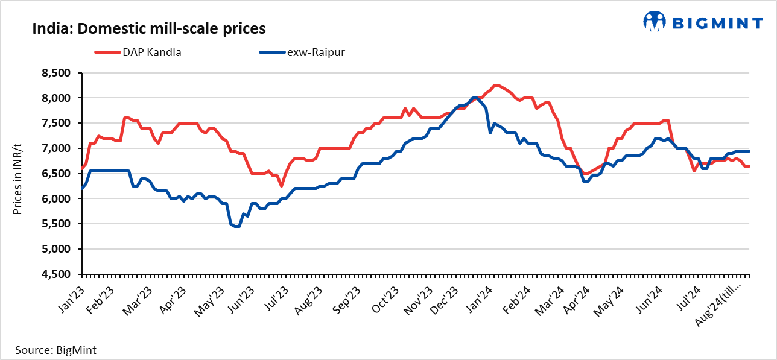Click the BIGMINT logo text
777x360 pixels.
[717, 23]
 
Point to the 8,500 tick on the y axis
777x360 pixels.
[55, 73]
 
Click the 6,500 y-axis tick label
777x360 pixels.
[55, 174]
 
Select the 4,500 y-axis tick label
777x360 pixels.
[55, 274]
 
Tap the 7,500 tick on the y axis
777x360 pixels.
[55, 123]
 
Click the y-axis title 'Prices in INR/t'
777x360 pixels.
[17, 174]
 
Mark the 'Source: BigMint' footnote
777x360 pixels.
[55, 350]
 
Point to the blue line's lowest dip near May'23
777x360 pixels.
[236, 226]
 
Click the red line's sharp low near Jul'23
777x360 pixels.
[281, 186]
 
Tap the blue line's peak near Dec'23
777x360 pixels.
[475, 98]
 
